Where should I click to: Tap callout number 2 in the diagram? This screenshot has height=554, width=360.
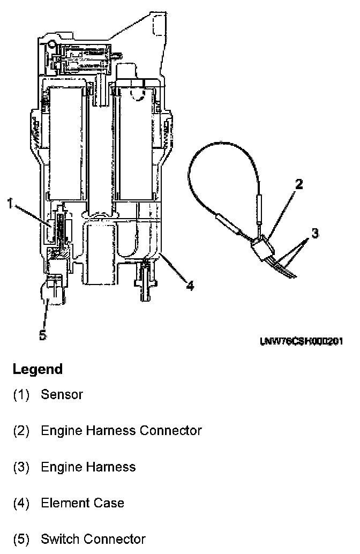299,185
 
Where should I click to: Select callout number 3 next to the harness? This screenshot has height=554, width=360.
316,233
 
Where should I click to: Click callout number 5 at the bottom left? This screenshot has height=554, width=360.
43,335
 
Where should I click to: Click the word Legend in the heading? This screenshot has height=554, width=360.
37,369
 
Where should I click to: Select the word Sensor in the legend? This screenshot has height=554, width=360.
62,395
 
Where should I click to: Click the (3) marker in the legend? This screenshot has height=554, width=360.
21,467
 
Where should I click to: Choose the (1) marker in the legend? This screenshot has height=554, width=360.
21,395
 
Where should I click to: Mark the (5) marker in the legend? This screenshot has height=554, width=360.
21,539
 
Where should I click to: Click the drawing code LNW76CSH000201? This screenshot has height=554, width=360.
302,341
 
